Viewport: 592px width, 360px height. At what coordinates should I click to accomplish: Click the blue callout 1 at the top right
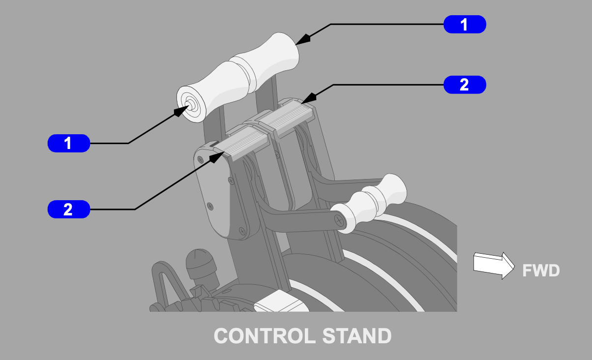[465, 24]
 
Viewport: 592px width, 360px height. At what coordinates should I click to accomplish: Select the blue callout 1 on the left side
[68, 143]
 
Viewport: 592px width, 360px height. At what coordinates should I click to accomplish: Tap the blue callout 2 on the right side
[465, 85]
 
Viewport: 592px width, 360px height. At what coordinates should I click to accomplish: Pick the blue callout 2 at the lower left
[68, 210]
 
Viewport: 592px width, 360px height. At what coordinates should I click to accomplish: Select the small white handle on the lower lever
[374, 202]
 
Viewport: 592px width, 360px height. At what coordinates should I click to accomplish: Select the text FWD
[541, 270]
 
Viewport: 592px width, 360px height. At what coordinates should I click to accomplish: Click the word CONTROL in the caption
[265, 336]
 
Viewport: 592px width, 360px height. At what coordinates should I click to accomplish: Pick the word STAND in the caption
[357, 336]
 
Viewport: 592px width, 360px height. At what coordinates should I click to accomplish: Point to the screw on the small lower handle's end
[339, 220]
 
